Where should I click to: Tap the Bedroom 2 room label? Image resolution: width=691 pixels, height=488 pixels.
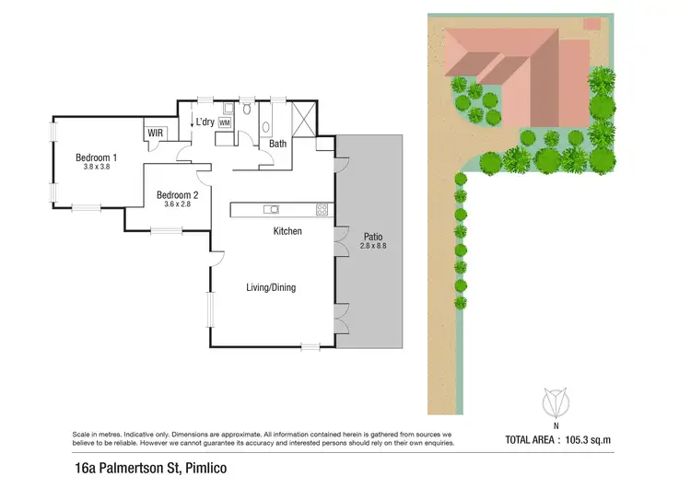tap(178, 194)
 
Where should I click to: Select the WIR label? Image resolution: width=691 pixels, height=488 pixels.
tap(155, 134)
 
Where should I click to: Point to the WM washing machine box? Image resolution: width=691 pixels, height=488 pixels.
tap(224, 122)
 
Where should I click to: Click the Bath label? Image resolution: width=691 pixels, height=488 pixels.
tap(277, 144)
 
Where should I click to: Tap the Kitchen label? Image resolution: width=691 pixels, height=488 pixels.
tap(287, 231)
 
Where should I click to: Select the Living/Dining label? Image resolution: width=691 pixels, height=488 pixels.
tap(270, 288)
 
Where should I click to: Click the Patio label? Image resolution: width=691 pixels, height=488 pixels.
tap(372, 236)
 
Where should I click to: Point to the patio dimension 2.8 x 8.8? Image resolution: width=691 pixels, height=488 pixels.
tap(372, 247)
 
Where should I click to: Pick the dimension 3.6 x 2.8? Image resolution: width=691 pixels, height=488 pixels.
tap(178, 204)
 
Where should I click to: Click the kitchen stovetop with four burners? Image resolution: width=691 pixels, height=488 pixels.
tap(322, 209)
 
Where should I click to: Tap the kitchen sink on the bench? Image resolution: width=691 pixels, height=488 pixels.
tap(270, 209)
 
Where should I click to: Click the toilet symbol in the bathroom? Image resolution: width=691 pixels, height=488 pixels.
tap(247, 110)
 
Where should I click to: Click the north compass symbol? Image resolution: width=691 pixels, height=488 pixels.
tap(556, 403)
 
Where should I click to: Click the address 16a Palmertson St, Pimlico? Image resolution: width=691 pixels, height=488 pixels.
tap(151, 469)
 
